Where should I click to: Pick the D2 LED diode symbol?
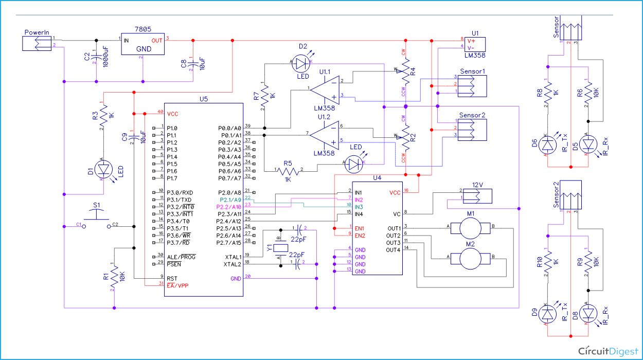(x=302, y=63)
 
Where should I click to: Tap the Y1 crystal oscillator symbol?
(x=280, y=249)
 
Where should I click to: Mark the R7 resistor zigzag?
(x=264, y=95)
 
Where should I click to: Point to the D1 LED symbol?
(x=104, y=169)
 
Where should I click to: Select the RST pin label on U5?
(x=172, y=277)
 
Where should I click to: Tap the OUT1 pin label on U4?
(x=394, y=228)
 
